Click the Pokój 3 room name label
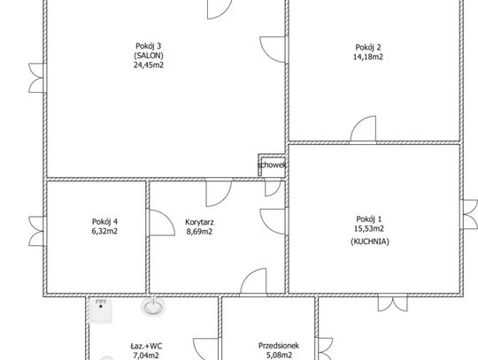149,46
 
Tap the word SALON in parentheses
149,56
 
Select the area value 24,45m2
149,65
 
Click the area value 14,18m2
368,57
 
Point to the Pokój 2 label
368,47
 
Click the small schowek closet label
272,165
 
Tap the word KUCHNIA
370,241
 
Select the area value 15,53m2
369,228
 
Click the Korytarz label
199,222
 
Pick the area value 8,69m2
199,232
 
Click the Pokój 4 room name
104,221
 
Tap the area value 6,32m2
104,231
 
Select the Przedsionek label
279,346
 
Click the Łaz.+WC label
146,346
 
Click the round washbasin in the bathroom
153,307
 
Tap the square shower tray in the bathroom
101,310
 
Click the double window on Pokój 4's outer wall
37,231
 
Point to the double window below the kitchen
393,303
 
